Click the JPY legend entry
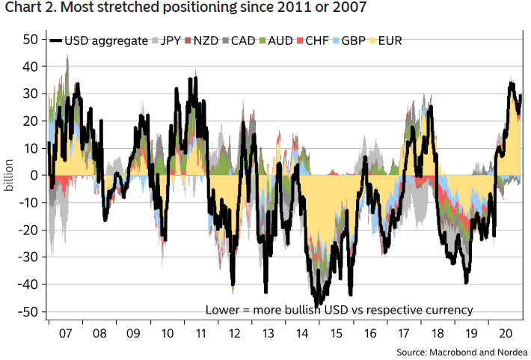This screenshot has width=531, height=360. coord(170,40)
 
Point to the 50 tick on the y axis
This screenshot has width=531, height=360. coord(30,39)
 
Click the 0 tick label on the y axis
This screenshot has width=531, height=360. coord(34,175)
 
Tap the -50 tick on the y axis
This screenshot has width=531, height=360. coord(28,312)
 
